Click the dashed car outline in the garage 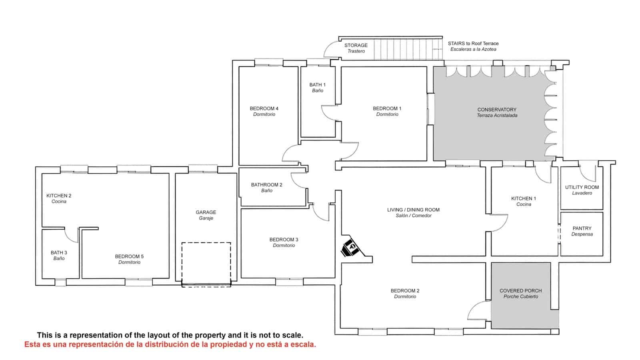(206, 264)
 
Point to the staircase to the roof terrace (408, 49)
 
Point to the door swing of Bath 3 (72, 235)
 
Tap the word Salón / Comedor (413, 216)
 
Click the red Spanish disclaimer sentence (170, 344)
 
